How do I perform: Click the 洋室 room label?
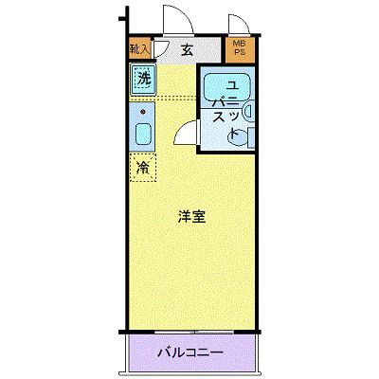pos(192,217)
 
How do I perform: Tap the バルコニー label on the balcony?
pos(189,352)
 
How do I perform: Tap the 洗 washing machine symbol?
pos(143,80)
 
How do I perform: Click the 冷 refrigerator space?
pos(143,169)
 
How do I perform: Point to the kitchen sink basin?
pos(142,134)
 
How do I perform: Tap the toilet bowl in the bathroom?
pos(237,137)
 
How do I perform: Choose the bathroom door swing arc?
pos(185,133)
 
